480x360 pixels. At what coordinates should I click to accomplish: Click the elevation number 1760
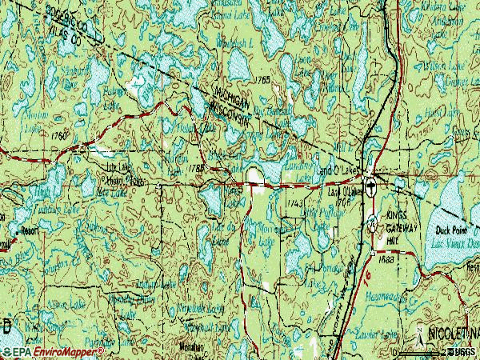click(57, 136)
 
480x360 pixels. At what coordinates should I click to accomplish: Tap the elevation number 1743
click(294, 205)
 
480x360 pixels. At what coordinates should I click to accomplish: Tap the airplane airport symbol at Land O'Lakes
click(373, 226)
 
